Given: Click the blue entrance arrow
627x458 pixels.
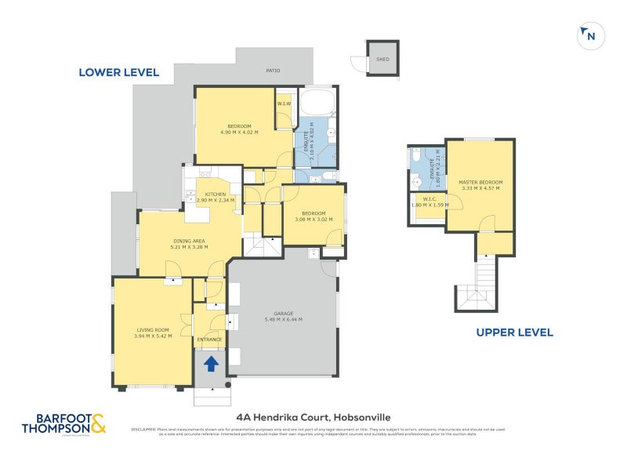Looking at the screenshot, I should tap(210, 362).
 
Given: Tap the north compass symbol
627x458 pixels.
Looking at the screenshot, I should tap(589, 35).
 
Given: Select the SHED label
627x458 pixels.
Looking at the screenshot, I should tap(382, 60).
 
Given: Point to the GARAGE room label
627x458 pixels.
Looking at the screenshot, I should tap(283, 313).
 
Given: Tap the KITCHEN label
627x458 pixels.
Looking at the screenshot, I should tap(216, 194).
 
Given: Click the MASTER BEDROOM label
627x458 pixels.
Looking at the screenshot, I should tap(480, 183).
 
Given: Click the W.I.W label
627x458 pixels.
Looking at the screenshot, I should tap(283, 103).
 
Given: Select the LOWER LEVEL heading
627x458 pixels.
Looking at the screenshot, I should tap(118, 72).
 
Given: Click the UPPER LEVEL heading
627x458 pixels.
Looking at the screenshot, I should tap(514, 333).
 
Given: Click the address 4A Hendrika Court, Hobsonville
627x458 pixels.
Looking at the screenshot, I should tap(313, 417).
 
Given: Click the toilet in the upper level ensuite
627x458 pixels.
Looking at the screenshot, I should tap(416, 154).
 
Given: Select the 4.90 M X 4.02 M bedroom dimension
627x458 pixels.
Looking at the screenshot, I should tap(239, 133).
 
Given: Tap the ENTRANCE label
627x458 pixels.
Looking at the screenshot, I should tap(209, 339).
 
